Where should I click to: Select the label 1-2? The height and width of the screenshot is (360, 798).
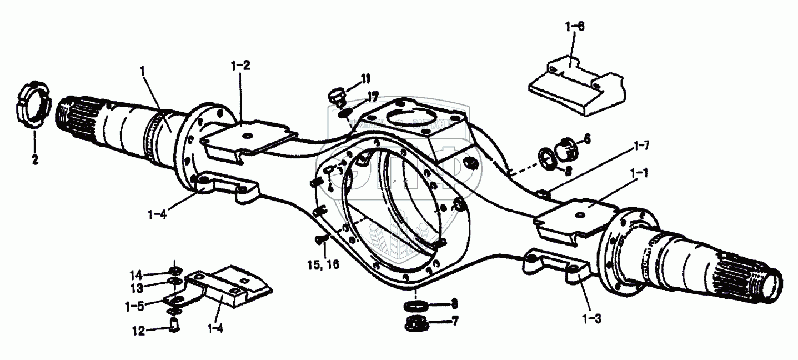tap(240, 66)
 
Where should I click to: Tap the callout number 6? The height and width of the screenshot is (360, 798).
tap(587, 139)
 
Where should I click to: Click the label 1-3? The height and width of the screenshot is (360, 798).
tap(592, 319)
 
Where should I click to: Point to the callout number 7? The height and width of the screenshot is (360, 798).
tap(455, 322)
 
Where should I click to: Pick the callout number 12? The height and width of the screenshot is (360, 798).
tap(138, 331)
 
